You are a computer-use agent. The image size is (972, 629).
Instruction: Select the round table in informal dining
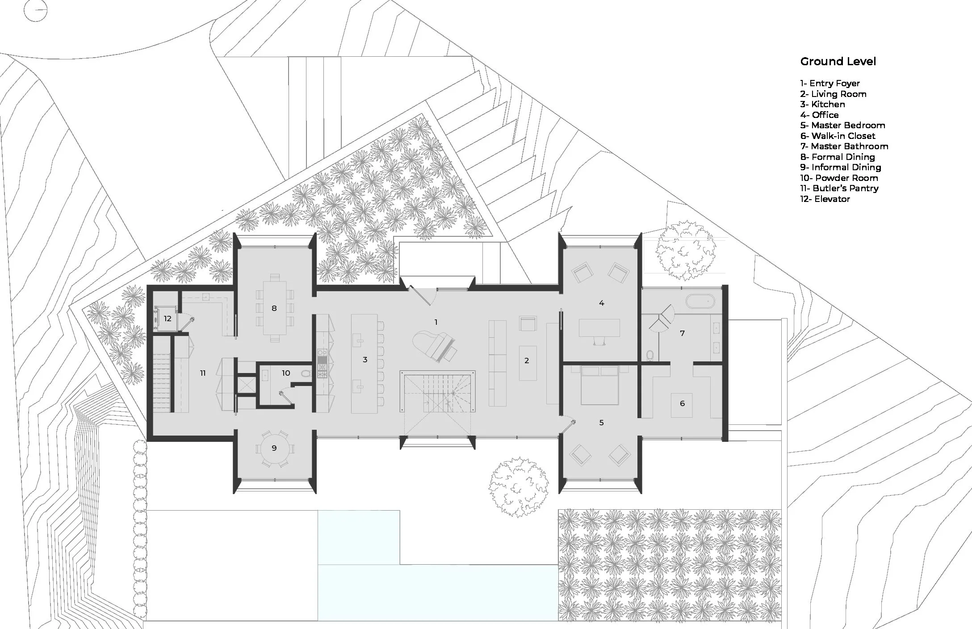[274, 448]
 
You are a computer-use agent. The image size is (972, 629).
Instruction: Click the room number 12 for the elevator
[168, 319]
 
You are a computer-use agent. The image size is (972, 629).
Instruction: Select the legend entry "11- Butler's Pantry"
[839, 189]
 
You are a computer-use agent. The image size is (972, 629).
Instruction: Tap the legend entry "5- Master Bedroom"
[842, 125]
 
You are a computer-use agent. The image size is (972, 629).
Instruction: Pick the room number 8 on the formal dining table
[274, 308]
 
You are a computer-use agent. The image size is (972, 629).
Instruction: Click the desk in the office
[599, 327]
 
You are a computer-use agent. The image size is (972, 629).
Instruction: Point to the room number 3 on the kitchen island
[365, 359]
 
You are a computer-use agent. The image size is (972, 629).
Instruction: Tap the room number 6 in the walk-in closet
[682, 403]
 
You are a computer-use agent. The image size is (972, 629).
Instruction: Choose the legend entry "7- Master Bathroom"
[844, 146]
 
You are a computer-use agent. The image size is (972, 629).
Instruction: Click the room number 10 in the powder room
[286, 373]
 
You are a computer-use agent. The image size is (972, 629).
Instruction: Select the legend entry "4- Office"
[819, 115]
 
